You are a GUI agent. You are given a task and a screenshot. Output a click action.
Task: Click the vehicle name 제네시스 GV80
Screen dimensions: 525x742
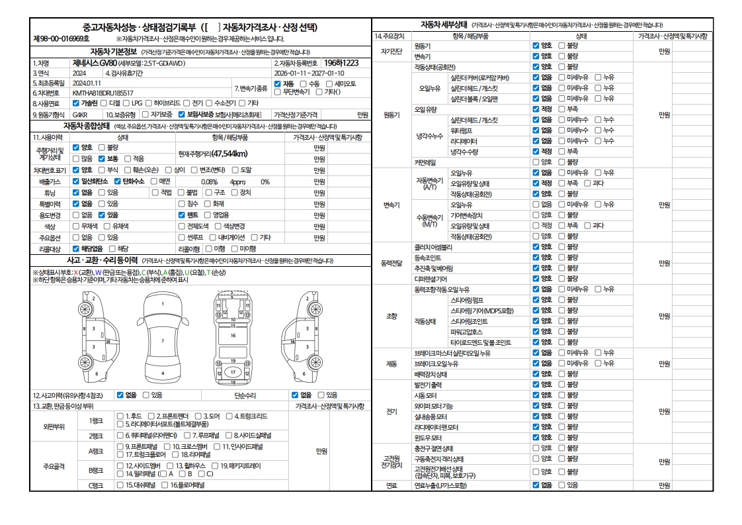pyautogui.click(x=98, y=63)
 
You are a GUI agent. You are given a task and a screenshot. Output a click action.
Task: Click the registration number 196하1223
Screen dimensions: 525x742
pyautogui.click(x=341, y=63)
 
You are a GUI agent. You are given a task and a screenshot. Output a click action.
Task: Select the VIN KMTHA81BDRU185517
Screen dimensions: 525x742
pyautogui.click(x=103, y=93)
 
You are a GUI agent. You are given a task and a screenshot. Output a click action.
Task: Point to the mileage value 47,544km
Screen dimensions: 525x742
pyautogui.click(x=220, y=154)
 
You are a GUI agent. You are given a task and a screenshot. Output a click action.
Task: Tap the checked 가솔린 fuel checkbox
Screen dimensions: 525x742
pyautogui.click(x=75, y=103)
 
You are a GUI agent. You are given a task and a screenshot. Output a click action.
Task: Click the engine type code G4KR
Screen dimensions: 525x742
pyautogui.click(x=80, y=114)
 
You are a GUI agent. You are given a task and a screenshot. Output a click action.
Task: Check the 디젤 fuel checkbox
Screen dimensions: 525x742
pyautogui.click(x=104, y=103)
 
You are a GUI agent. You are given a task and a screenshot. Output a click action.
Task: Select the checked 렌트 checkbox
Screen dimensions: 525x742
pyautogui.click(x=182, y=215)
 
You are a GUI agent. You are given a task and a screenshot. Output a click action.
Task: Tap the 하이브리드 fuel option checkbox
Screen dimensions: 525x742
pyautogui.click(x=149, y=103)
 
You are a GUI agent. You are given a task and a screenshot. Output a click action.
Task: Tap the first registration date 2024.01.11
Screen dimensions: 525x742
pyautogui.click(x=87, y=83)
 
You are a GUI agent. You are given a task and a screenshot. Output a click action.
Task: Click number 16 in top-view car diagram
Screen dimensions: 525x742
pyautogui.click(x=233, y=336)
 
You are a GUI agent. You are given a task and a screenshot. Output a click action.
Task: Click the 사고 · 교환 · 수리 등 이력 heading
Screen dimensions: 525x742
pyautogui.click(x=101, y=261)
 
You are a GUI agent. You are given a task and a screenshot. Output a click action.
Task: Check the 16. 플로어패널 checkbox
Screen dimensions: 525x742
pyautogui.click(x=165, y=485)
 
